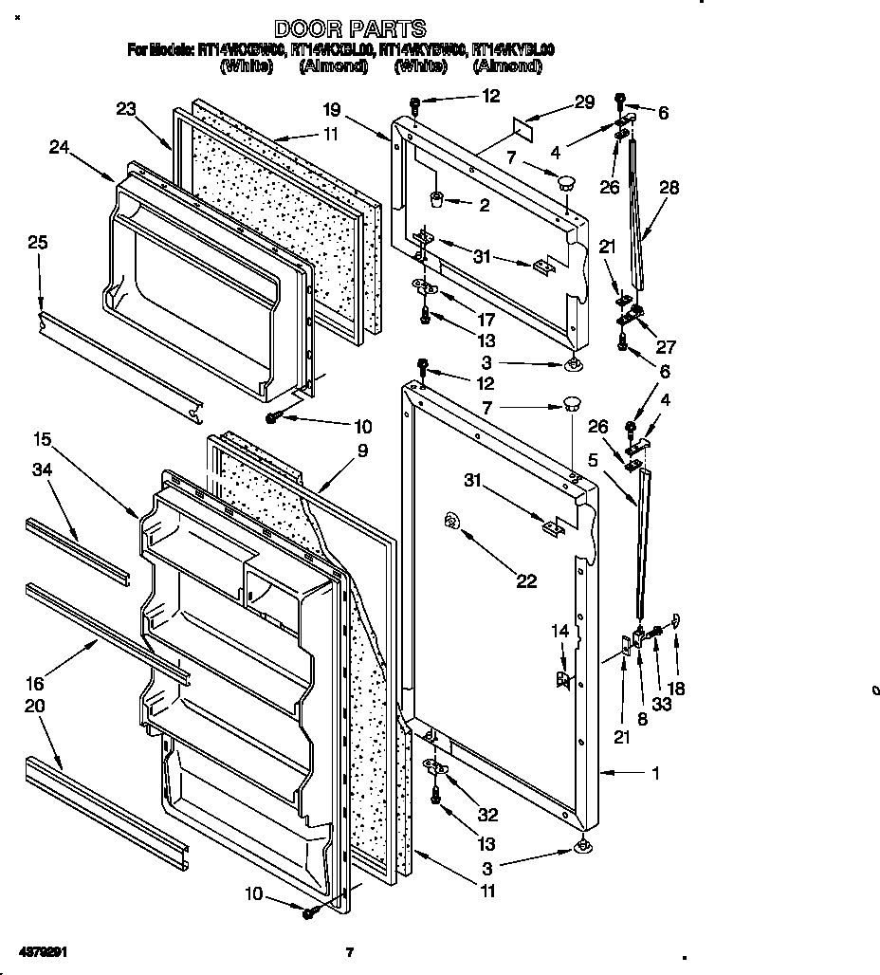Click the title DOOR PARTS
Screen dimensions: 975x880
coord(349,29)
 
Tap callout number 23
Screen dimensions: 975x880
coord(127,109)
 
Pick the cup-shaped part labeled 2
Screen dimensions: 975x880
coord(438,199)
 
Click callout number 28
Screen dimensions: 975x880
coord(669,189)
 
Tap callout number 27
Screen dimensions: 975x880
coord(666,347)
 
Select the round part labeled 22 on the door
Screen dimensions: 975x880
coord(451,520)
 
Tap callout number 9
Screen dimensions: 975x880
coord(362,451)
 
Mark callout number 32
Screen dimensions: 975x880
coord(486,814)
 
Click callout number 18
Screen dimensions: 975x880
coord(676,689)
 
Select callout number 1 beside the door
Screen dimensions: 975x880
coord(654,773)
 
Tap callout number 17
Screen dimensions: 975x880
coord(486,320)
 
